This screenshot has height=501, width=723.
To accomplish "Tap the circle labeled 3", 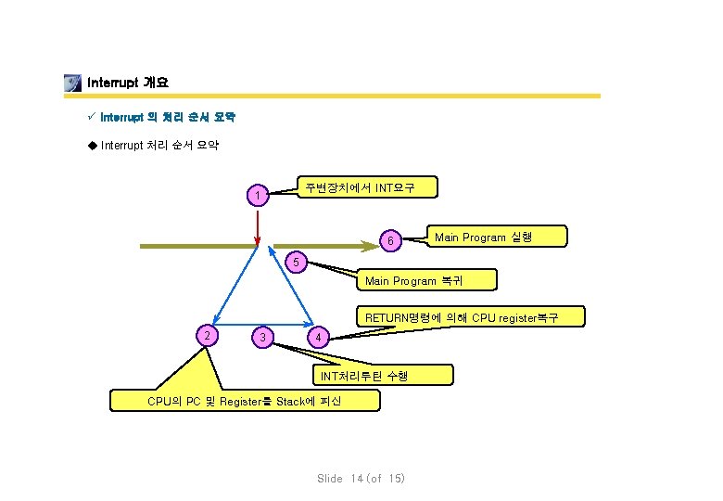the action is coord(264,336).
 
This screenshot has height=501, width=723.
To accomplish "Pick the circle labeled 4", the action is coord(317,336).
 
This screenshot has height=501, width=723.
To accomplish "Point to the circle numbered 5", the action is coord(295,263).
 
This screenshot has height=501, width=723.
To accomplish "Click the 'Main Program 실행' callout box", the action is coord(482,238).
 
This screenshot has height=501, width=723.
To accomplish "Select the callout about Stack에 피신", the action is coord(244,401).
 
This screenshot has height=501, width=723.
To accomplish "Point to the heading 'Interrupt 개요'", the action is coord(127,83).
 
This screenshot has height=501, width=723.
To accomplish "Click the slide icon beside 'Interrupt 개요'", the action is coord(72,83).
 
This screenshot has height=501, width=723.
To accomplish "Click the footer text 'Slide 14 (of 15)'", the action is coord(361,479).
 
